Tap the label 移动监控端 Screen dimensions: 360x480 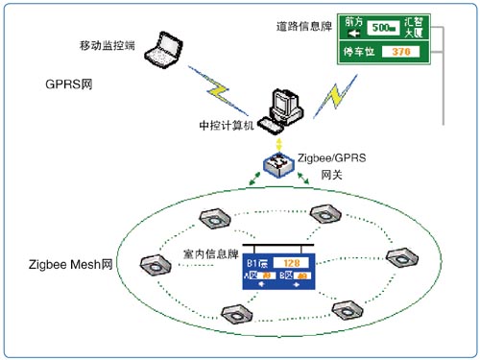pos(108,45)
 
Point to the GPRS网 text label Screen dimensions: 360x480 pos(66,84)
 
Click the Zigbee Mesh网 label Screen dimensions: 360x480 pos(71,263)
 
